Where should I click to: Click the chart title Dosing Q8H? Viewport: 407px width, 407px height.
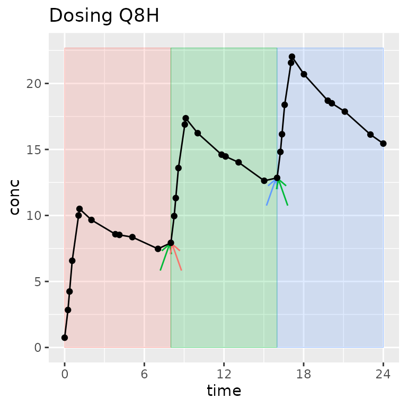[x=104, y=16]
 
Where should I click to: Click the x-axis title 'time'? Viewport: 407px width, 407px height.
[x=224, y=391]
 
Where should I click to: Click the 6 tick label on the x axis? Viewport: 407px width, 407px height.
[x=144, y=374]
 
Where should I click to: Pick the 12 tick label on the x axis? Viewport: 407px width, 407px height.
[x=224, y=374]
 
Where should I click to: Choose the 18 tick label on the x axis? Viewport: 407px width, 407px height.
[x=304, y=374]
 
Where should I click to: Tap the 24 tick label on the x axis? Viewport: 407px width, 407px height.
[x=383, y=374]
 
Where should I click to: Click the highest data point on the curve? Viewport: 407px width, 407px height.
[x=292, y=57]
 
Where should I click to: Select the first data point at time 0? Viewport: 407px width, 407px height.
[x=65, y=338]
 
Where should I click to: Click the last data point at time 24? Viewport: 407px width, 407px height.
[x=383, y=144]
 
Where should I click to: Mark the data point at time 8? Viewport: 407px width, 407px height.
[x=171, y=243]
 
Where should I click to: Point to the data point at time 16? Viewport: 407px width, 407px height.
[x=277, y=178]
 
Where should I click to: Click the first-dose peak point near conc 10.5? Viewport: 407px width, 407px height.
[x=79, y=209]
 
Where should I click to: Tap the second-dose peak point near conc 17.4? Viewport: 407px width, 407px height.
[x=185, y=118]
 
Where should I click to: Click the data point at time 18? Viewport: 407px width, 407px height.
[x=304, y=74]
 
